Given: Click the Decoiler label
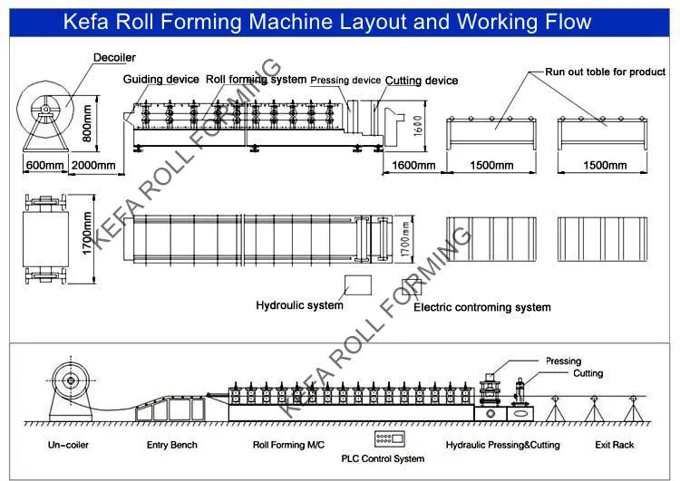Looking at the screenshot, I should coord(114,59).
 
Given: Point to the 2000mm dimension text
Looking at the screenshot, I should coord(93,165).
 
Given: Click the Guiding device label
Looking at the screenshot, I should coord(160,80).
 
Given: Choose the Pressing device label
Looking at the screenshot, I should coord(345,81).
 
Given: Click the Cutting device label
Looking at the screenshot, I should coord(422,81).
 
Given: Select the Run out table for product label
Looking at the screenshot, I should coord(605,72).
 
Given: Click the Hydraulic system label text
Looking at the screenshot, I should coord(299,305).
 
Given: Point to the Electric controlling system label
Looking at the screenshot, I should coord(481,307).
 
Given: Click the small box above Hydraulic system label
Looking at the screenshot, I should coord(355,284).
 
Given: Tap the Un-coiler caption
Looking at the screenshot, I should coord(70,445).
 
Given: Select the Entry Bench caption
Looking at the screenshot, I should coord(171,445).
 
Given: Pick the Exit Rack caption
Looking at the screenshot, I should coord(615,445).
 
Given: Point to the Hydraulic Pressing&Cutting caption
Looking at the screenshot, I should coord(502,445).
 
